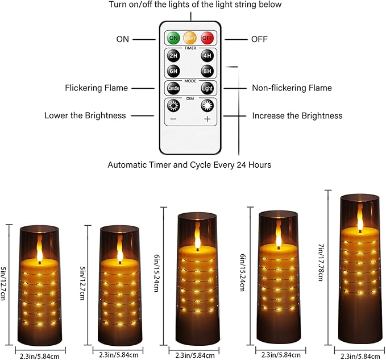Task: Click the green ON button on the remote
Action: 173,38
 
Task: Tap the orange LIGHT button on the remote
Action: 190,38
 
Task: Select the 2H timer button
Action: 173,57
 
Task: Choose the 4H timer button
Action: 207,57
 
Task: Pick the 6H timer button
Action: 173,72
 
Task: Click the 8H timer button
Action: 207,72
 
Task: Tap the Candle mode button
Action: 173,89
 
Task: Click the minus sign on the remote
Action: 173,119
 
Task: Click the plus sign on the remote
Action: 207,119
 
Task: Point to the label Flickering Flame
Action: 97,88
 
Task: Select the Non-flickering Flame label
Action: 292,88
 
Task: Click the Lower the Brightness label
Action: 85,115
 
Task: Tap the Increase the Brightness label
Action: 297,115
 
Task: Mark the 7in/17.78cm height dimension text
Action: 322,267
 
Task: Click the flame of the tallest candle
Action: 359,218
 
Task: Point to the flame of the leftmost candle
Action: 39,249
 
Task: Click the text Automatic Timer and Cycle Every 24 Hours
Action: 189,165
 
